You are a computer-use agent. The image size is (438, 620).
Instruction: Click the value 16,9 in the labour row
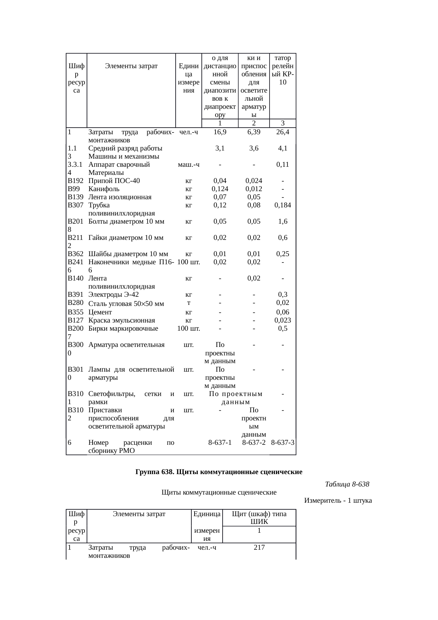(x=220, y=132)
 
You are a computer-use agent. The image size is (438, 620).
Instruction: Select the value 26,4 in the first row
(x=283, y=132)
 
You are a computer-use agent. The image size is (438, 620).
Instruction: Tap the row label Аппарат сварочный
(x=119, y=165)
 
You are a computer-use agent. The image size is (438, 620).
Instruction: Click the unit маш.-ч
(x=189, y=165)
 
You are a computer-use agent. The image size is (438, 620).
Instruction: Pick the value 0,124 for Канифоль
(x=220, y=189)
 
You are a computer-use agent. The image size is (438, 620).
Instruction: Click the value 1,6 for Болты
(x=283, y=222)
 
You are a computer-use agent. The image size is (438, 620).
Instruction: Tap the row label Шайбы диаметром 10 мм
(x=128, y=254)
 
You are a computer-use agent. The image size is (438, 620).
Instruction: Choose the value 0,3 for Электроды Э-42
(x=283, y=295)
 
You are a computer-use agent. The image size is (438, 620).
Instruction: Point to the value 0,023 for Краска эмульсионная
(x=283, y=320)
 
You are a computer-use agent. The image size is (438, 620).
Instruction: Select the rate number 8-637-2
(x=254, y=443)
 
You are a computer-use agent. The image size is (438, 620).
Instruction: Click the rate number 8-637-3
(x=283, y=443)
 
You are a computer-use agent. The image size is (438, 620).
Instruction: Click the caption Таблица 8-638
(x=347, y=484)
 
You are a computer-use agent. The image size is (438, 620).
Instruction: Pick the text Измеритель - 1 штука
(x=338, y=501)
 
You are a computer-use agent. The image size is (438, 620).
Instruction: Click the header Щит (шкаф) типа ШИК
(x=259, y=518)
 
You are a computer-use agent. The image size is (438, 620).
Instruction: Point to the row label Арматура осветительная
(x=126, y=345)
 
